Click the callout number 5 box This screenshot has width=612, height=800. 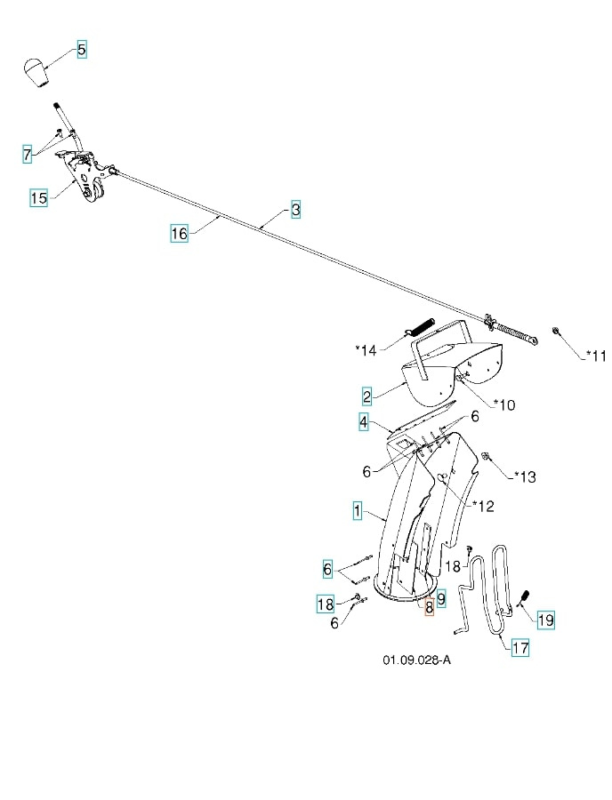tap(81, 50)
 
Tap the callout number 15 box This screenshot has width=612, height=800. tap(38, 197)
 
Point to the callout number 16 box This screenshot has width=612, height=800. tap(179, 234)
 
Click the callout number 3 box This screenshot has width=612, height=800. tap(295, 211)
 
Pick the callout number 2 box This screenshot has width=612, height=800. tap(366, 395)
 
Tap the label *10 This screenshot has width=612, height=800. tap(503, 405)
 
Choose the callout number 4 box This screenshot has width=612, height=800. tap(364, 422)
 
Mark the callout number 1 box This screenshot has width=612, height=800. tap(357, 510)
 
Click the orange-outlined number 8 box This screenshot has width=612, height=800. tap(428, 607)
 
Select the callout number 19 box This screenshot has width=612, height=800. tap(545, 620)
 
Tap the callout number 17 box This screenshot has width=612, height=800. tap(519, 648)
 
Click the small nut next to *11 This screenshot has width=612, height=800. tap(555, 332)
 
